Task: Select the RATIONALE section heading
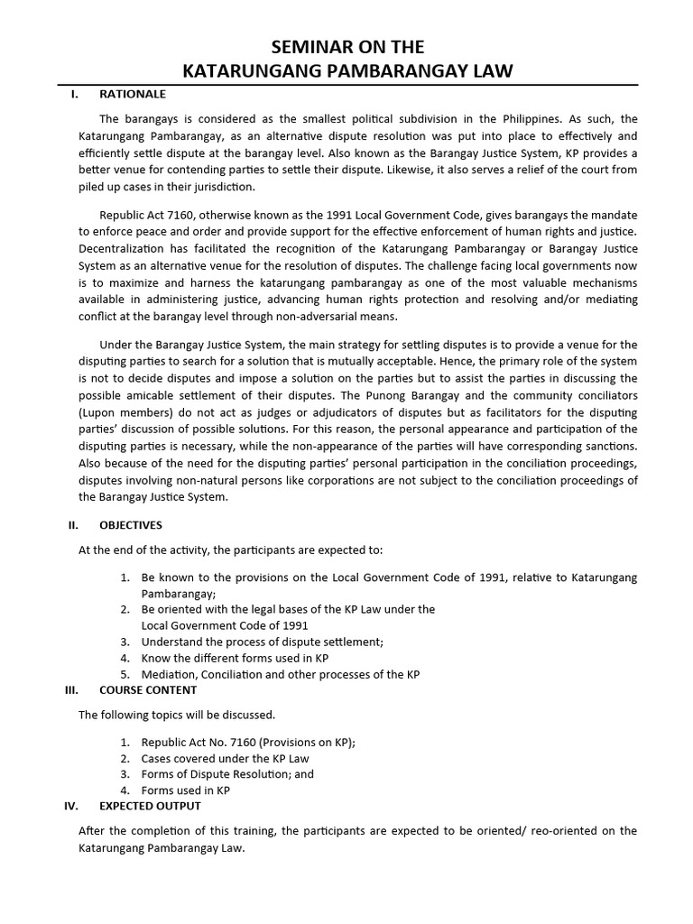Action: tap(132, 94)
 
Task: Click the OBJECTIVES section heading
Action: tap(131, 525)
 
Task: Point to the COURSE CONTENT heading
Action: tap(148, 690)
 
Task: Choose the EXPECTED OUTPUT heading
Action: tap(150, 806)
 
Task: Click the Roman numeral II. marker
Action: tap(73, 525)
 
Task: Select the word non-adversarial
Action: tap(330, 317)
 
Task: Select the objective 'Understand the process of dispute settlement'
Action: tap(263, 642)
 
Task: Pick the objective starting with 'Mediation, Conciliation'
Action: tap(281, 675)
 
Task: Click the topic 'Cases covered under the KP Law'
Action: tap(226, 758)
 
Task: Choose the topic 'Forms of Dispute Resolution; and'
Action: tap(228, 774)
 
